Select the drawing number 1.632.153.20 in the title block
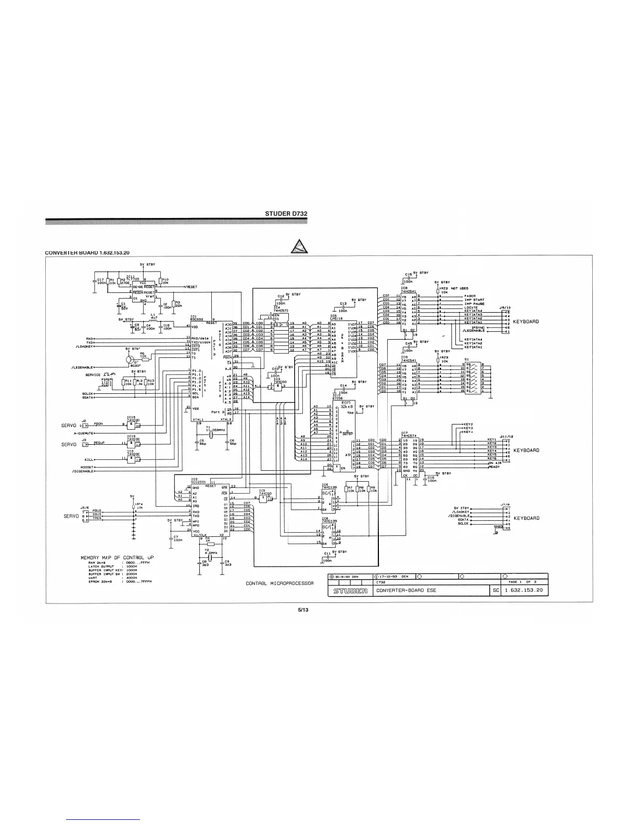pos(524,590)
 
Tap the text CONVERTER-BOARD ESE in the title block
pos(404,590)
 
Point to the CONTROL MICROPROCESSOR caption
pos(279,583)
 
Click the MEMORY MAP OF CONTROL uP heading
pos(117,558)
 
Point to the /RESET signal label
pos(190,287)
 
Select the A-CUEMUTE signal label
pos(84,432)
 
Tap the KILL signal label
pos(89,460)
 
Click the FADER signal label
pos(469,296)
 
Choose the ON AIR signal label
pos(494,463)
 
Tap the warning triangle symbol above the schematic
pos(299,246)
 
